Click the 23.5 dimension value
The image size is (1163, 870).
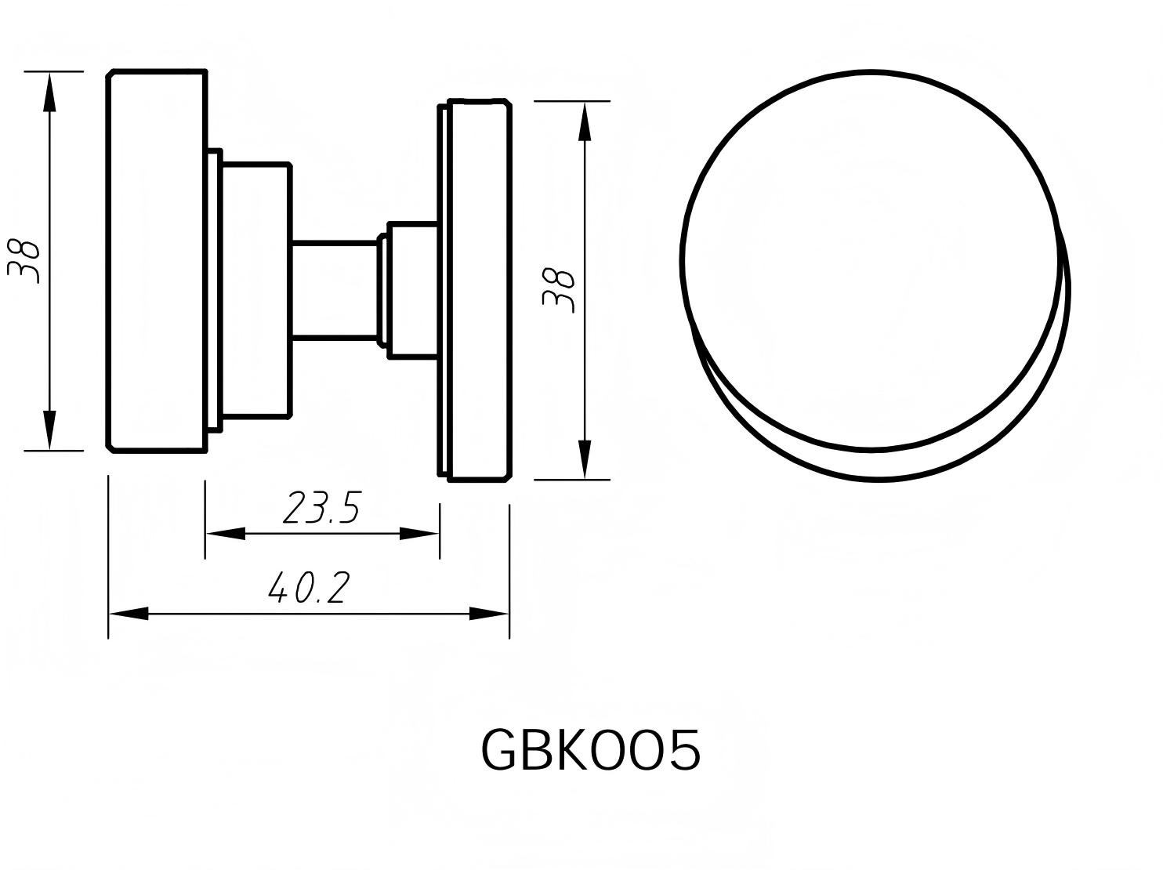coord(321,508)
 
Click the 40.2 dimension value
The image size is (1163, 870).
coord(307,588)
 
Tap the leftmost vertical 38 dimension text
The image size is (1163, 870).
coord(24,260)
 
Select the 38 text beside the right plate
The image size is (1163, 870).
coord(560,291)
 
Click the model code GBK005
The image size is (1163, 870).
coord(589,751)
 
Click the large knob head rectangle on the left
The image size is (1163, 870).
coord(157,260)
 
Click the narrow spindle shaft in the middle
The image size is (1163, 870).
coord(335,290)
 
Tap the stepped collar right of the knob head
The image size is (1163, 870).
coord(255,290)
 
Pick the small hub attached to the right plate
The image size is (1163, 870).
coord(412,290)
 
